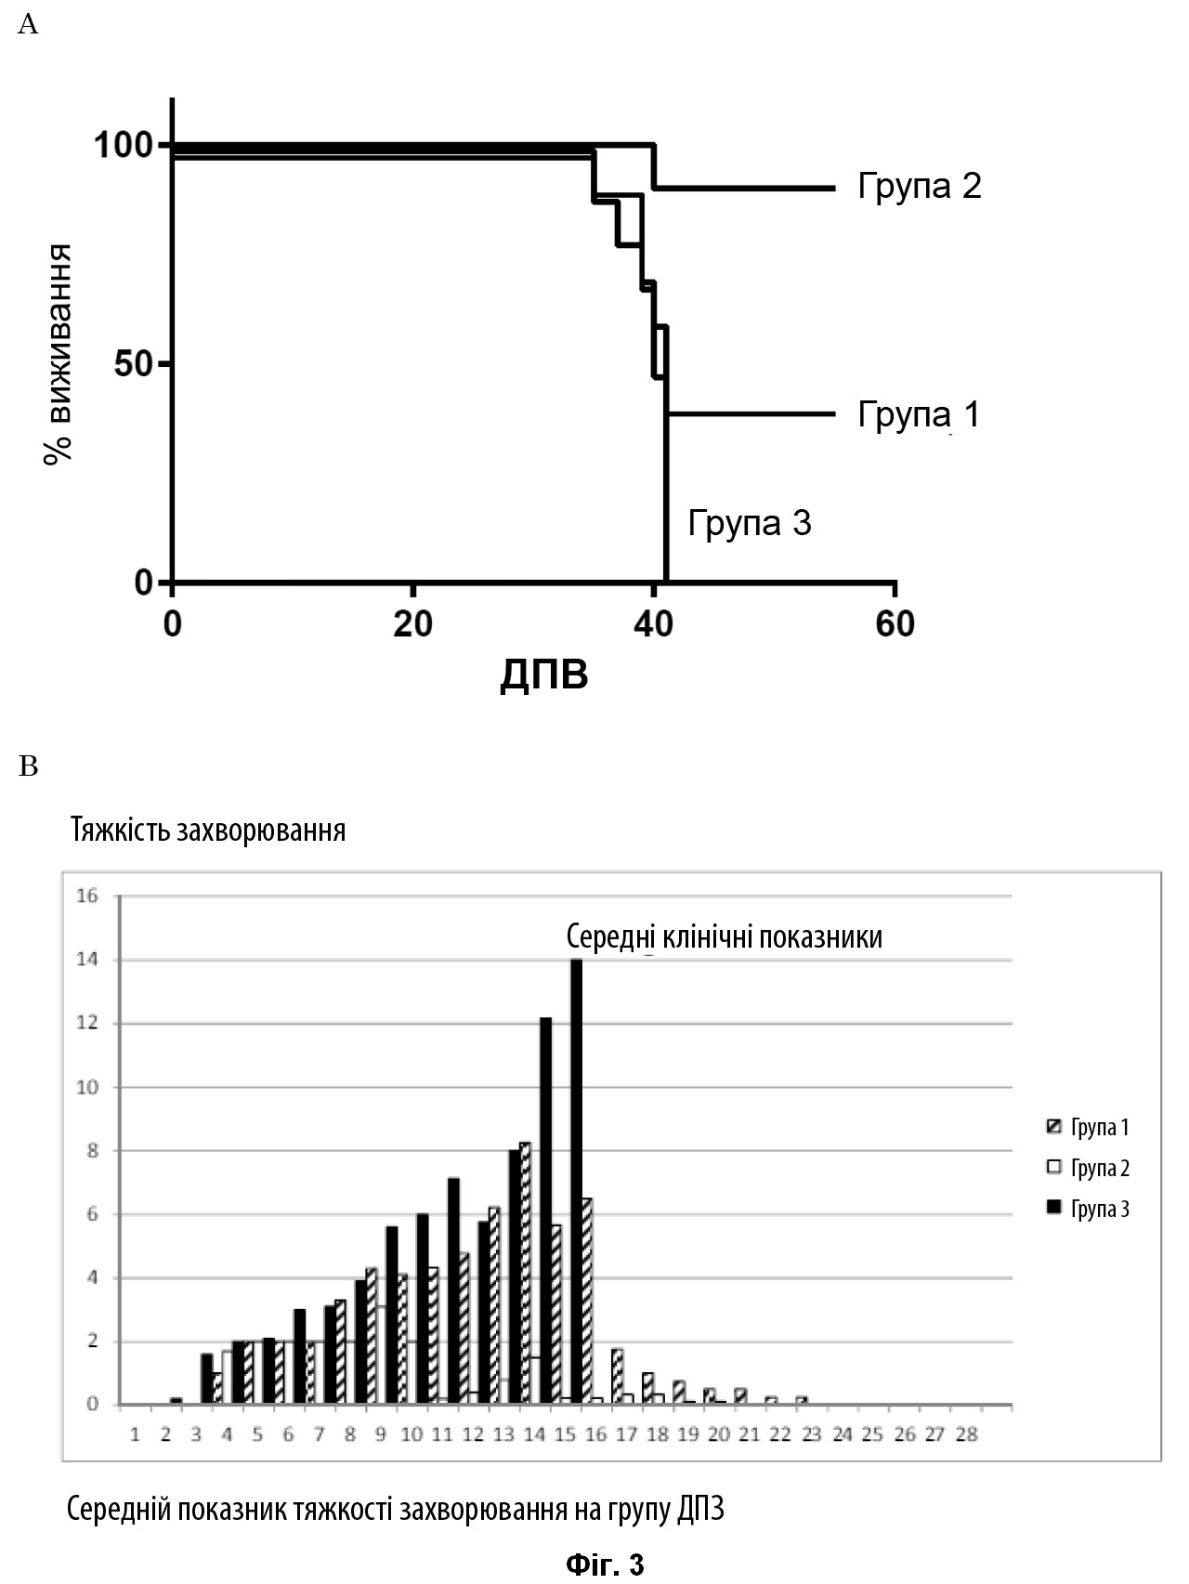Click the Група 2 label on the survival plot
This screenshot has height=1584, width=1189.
click(x=919, y=188)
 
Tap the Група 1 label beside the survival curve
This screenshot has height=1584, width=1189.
click(x=919, y=414)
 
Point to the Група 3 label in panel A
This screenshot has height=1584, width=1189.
click(x=750, y=523)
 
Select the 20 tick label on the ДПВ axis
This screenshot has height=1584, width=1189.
click(x=412, y=624)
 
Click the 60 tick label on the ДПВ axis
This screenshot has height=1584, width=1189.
click(x=895, y=624)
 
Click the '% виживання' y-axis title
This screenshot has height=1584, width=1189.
click(x=59, y=355)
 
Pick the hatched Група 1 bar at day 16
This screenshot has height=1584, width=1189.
click(x=587, y=1301)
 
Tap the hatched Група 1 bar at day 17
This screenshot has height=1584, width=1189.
click(x=618, y=1376)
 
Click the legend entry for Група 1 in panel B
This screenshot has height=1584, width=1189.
click(x=1087, y=1128)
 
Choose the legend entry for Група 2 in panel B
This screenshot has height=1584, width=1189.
click(x=1087, y=1168)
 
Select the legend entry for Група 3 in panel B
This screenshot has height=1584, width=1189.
click(x=1087, y=1209)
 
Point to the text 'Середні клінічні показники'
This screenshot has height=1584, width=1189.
click(x=725, y=936)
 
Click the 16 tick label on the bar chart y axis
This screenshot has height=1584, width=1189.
click(x=88, y=897)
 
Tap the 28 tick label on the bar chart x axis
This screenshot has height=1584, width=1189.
click(x=966, y=1435)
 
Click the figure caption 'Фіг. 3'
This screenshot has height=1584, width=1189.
click(x=605, y=1564)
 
